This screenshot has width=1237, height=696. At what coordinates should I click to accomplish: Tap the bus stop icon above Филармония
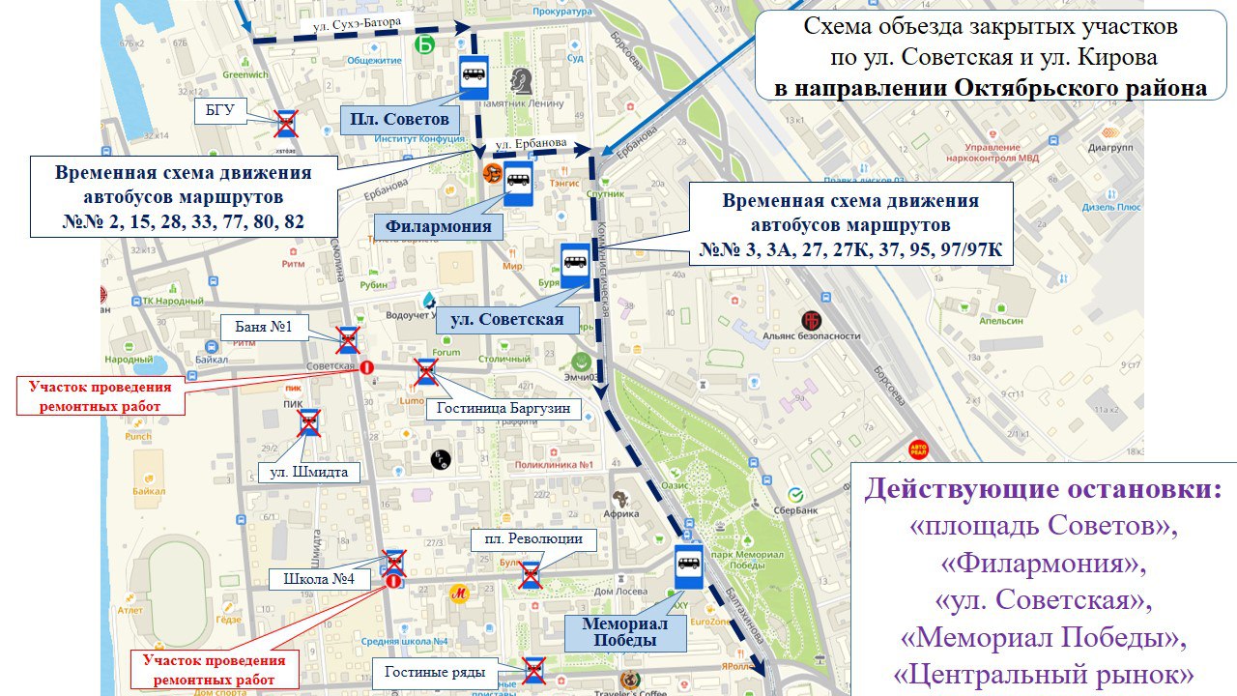pyautogui.click(x=518, y=183)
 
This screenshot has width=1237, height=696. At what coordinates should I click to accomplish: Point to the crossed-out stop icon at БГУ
pyautogui.click(x=286, y=122)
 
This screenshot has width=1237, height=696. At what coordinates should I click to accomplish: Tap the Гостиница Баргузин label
pyautogui.click(x=503, y=408)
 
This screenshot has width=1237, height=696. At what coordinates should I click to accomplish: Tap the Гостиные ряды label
pyautogui.click(x=427, y=672)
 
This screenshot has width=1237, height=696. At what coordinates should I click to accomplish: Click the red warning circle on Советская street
pyautogui.click(x=366, y=367)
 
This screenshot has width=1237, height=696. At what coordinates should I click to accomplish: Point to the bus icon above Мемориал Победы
pyautogui.click(x=689, y=566)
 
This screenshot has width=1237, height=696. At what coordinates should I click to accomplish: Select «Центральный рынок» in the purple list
pyautogui.click(x=1042, y=673)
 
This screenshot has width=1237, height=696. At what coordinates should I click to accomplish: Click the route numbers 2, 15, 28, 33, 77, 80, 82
pyautogui.click(x=184, y=221)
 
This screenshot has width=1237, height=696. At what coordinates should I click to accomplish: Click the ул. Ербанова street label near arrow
pyautogui.click(x=530, y=143)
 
